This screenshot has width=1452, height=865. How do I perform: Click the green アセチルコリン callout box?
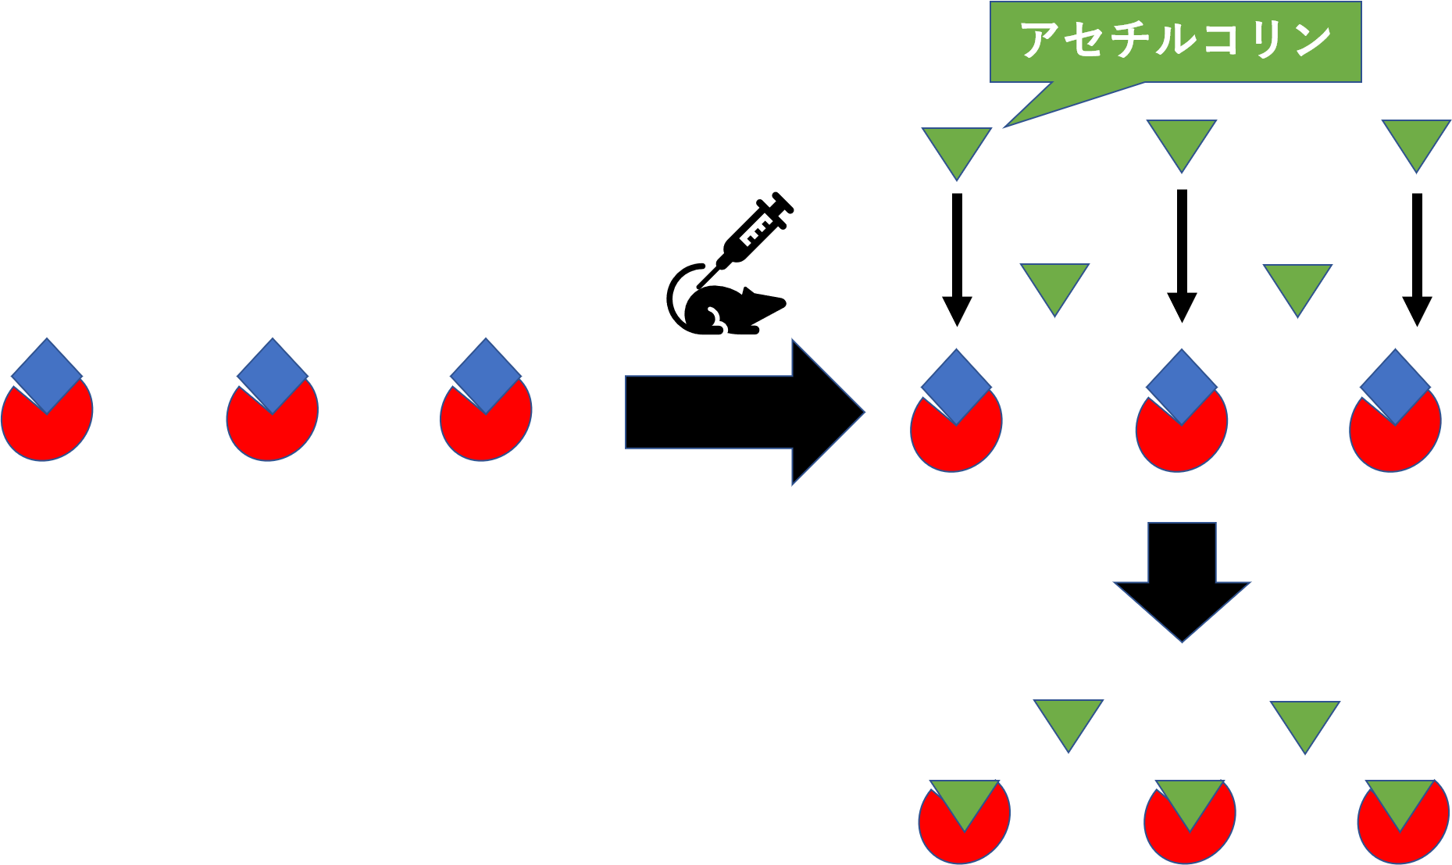(x=1176, y=41)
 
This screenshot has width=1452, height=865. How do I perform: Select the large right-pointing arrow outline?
(x=742, y=412)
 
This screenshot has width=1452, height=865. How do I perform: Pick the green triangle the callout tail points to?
(x=957, y=148)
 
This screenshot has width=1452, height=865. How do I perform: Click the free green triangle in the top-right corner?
(x=1416, y=141)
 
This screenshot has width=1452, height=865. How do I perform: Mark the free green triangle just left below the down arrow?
(x=1068, y=720)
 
